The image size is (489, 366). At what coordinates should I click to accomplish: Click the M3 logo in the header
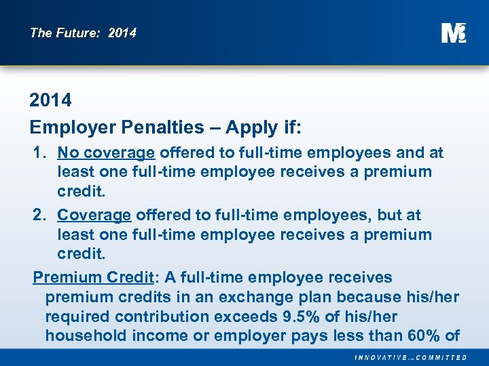[453, 33]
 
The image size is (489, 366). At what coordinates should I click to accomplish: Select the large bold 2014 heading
[50, 100]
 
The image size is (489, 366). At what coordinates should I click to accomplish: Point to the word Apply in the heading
[251, 127]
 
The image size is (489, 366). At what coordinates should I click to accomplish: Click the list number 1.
[39, 152]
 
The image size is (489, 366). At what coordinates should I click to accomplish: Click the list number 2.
[39, 215]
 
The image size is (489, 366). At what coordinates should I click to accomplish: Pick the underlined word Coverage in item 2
[94, 215]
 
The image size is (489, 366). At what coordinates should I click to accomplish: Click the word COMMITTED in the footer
[442, 357]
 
